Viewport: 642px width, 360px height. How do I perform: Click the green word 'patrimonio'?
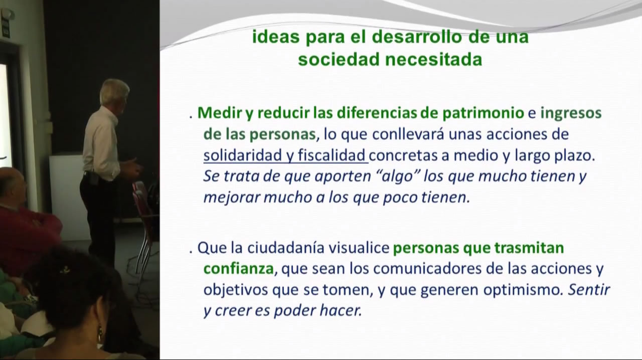pos(484,113)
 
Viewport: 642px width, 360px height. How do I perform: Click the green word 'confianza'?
pos(238,269)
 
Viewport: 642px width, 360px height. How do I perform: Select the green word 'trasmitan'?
pos(529,248)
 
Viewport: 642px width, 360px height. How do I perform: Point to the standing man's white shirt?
pos(101,143)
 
